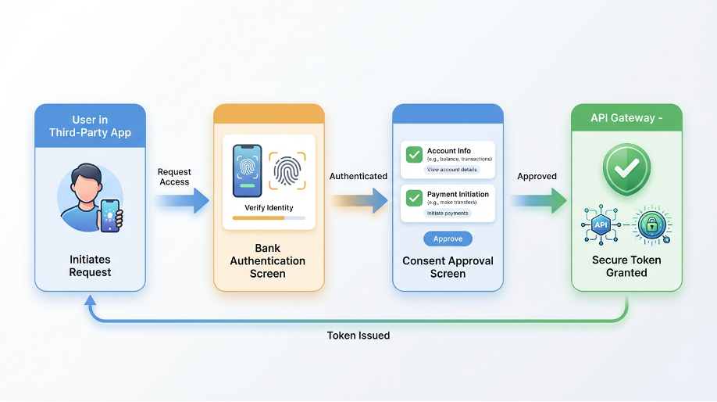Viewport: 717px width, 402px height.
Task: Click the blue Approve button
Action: click(448, 239)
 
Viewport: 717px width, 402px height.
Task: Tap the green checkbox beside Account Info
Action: click(414, 155)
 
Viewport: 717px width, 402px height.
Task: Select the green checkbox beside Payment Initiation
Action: click(414, 199)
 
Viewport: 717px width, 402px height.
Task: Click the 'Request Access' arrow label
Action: click(174, 177)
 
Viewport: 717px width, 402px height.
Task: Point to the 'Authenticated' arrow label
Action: click(358, 176)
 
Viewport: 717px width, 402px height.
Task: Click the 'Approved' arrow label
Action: click(537, 176)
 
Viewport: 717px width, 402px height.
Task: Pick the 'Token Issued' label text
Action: click(358, 335)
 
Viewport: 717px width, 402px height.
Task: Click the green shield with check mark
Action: click(626, 167)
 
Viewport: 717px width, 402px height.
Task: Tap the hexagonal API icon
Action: click(601, 225)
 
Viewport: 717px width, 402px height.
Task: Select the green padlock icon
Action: click(651, 225)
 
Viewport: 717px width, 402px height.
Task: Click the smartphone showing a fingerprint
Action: click(247, 170)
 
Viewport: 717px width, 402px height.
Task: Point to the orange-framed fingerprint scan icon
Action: click(287, 170)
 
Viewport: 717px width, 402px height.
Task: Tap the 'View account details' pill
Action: click(452, 170)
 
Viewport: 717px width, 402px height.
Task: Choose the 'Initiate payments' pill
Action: click(448, 213)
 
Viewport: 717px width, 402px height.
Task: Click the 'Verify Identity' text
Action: click(269, 207)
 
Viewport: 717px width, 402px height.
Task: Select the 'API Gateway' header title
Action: click(624, 118)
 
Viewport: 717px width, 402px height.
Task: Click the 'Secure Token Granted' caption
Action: click(626, 266)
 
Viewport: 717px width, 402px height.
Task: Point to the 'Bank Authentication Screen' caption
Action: click(268, 261)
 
